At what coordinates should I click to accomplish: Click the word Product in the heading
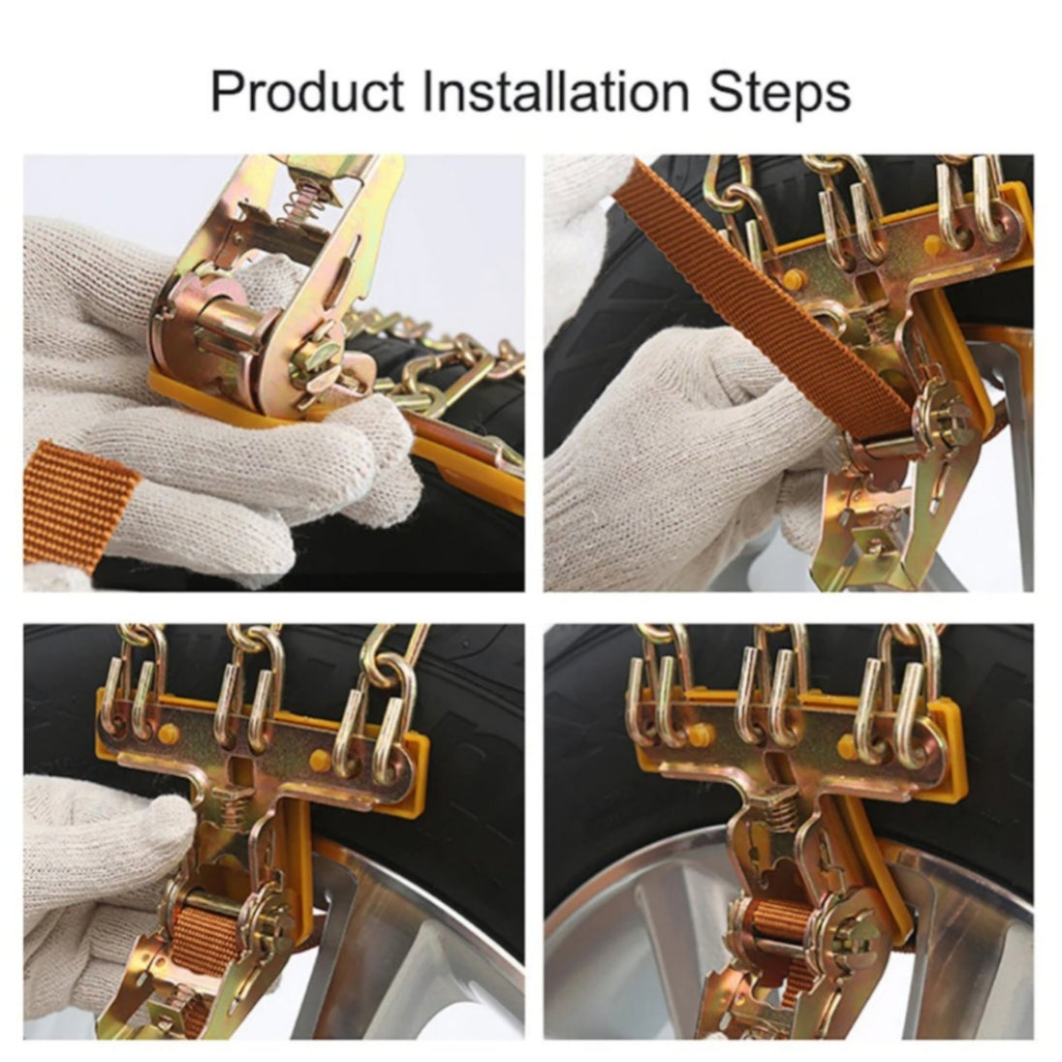pyautogui.click(x=307, y=91)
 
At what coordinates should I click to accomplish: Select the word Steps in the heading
pyautogui.click(x=779, y=92)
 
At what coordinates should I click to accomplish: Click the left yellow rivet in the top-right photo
pyautogui.click(x=796, y=277)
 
